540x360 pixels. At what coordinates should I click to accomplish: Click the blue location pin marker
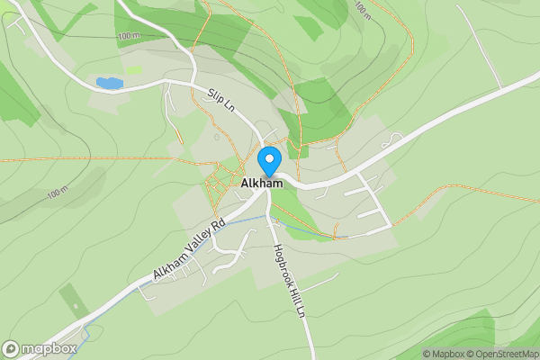tap(268, 160)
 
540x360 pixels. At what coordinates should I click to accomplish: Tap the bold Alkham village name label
tap(262, 184)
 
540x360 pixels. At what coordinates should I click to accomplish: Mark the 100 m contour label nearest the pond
tap(129, 35)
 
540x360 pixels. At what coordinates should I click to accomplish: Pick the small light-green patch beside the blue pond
tap(132, 69)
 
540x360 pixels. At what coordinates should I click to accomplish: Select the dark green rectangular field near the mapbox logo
tap(71, 299)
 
